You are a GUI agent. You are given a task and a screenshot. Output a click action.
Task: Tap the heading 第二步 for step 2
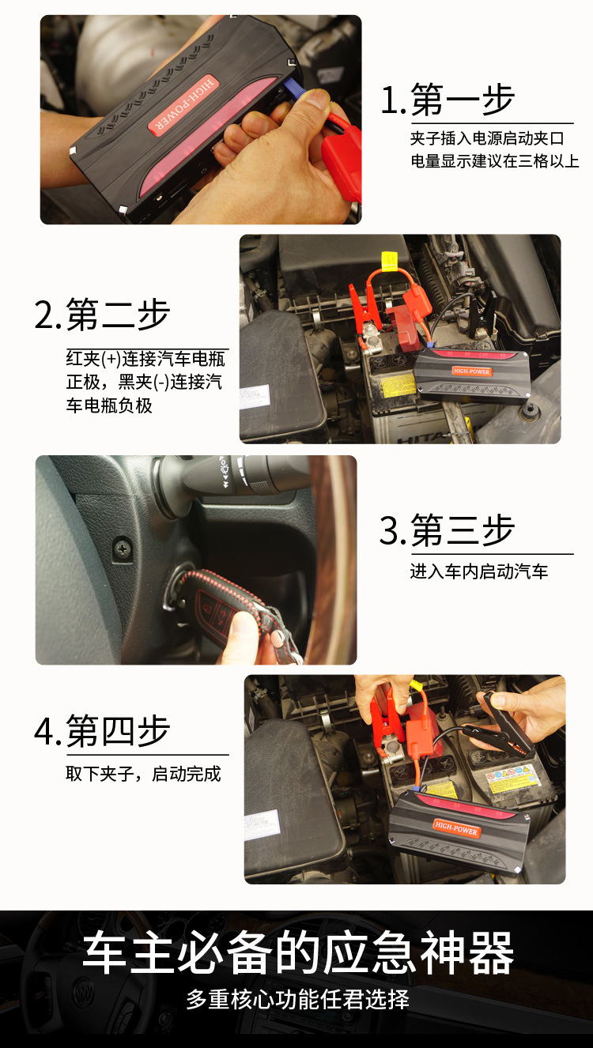[118, 315]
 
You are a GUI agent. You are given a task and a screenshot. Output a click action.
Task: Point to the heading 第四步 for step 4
[118, 731]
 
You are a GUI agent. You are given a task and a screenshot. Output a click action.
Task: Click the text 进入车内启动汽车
[479, 571]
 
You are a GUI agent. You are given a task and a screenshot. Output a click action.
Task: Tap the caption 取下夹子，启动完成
[143, 774]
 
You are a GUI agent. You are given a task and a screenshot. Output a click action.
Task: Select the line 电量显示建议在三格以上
[494, 162]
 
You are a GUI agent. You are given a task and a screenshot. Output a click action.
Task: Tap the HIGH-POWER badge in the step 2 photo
[472, 371]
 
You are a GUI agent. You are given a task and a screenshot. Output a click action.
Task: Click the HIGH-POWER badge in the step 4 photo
[456, 828]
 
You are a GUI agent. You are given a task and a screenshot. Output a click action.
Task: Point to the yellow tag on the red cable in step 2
[388, 261]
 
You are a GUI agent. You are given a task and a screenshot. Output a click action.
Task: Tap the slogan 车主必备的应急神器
[298, 953]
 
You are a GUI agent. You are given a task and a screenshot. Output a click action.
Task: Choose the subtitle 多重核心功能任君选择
[298, 999]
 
